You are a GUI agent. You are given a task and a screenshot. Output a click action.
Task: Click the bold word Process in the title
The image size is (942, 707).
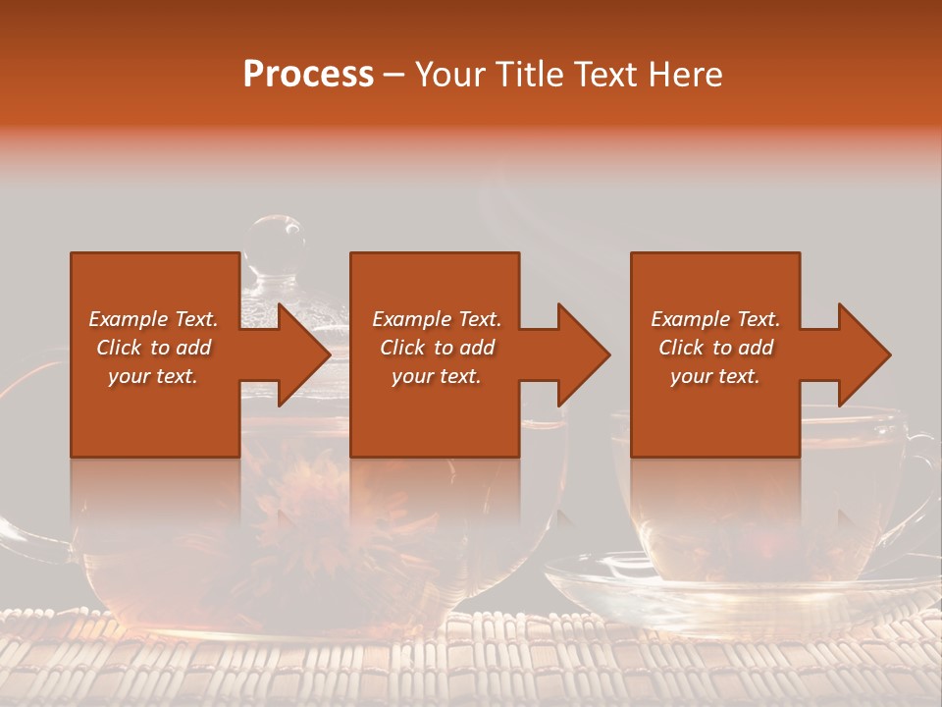tap(308, 75)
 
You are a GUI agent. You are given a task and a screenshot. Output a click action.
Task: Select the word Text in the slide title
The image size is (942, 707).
tap(604, 75)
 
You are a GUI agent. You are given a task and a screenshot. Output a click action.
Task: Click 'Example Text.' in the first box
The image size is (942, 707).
tap(153, 319)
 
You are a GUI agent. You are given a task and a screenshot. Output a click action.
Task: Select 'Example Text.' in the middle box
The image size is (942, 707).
tap(437, 319)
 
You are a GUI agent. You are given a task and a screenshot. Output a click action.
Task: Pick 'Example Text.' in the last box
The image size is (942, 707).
tap(715, 319)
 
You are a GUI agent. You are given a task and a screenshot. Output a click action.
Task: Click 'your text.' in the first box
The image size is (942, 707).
tap(153, 376)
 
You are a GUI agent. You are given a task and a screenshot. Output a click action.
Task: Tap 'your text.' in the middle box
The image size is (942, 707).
tap(437, 376)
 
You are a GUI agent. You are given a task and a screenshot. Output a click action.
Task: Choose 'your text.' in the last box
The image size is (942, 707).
tap(715, 376)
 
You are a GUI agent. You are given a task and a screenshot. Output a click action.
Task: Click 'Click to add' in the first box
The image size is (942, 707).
tap(153, 348)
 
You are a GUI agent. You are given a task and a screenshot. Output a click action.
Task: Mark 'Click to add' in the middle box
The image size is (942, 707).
tap(437, 348)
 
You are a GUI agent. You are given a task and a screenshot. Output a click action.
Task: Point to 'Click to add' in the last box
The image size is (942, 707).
tap(715, 348)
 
